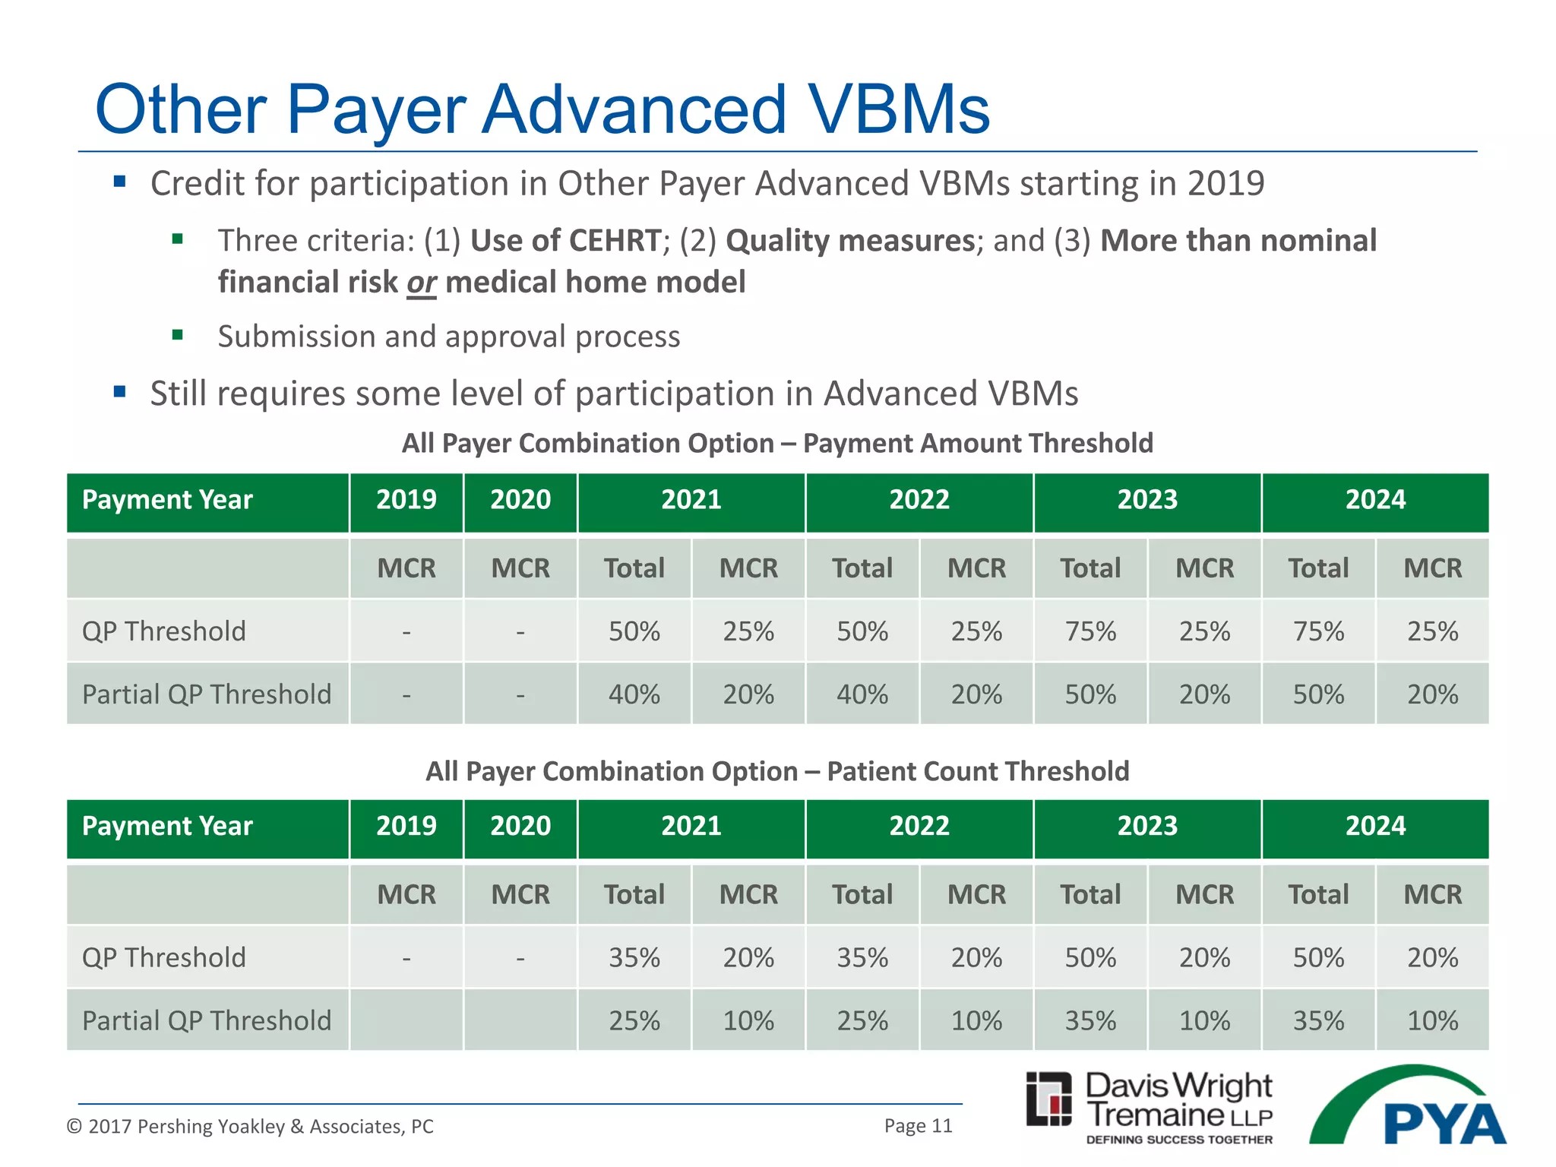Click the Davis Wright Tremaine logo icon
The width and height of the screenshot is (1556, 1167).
pos(1049,1099)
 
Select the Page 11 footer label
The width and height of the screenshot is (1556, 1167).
pos(918,1125)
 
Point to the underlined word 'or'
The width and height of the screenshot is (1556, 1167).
pos(421,283)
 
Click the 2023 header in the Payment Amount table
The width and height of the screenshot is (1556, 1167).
pos(1147,500)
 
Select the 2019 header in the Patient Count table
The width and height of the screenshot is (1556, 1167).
pos(406,826)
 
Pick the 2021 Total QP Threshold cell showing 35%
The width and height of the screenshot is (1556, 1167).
pos(634,957)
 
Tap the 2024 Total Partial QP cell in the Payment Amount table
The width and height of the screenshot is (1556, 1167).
pos(1318,694)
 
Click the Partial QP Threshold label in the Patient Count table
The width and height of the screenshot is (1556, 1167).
pos(207,1020)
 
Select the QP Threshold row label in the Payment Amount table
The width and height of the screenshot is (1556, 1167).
pos(164,631)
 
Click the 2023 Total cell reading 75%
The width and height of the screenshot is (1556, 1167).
pos(1090,631)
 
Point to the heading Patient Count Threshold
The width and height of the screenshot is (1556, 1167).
pos(978,771)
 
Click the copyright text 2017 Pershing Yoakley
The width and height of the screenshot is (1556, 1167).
pos(250,1126)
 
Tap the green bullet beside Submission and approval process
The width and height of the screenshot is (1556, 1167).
pos(178,335)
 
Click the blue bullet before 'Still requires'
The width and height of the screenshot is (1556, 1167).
pos(119,392)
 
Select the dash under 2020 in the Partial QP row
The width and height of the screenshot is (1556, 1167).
pos(520,694)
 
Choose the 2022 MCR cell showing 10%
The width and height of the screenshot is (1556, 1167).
pos(976,1020)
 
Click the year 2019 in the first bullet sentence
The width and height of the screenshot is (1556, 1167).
pos(1226,184)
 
